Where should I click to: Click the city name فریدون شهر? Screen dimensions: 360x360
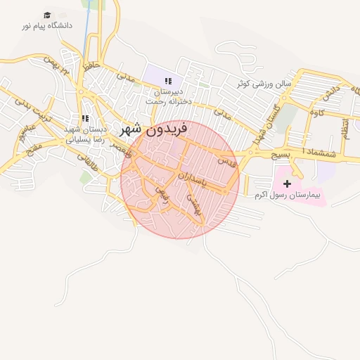(x=154, y=129)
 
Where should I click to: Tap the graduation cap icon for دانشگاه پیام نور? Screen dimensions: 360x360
(x=47, y=15)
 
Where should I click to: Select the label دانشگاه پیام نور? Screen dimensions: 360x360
(x=47, y=26)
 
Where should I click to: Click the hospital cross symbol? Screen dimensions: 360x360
(x=287, y=183)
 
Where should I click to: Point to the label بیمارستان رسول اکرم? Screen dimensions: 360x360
(x=287, y=195)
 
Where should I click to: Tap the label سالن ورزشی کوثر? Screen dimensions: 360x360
(x=264, y=84)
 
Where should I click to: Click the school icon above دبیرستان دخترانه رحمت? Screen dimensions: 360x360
(x=168, y=82)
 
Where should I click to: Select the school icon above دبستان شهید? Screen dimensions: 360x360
(x=84, y=119)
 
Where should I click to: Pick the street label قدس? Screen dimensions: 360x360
(x=226, y=161)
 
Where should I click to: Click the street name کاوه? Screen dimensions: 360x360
(x=318, y=112)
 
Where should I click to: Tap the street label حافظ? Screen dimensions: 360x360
(x=88, y=70)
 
